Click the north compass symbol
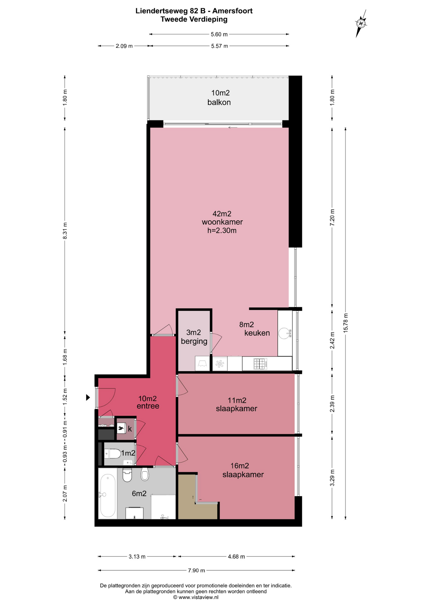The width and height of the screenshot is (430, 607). pyautogui.click(x=361, y=23)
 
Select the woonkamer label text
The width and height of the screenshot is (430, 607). pyautogui.click(x=222, y=222)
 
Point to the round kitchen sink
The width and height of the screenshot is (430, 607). pyautogui.click(x=284, y=333)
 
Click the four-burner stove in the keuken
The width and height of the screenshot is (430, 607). pyautogui.click(x=260, y=364)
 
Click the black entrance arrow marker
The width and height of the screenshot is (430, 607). pyautogui.click(x=88, y=397)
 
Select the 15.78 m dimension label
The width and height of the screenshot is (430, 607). pyautogui.click(x=345, y=322)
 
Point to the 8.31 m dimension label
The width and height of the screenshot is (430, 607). pyautogui.click(x=65, y=231)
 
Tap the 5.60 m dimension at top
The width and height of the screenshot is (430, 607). pyautogui.click(x=219, y=34)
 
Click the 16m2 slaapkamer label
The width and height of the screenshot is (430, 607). pyautogui.click(x=243, y=470)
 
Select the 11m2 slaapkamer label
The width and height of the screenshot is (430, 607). pyautogui.click(x=237, y=404)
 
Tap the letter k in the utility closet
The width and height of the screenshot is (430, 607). pyautogui.click(x=130, y=429)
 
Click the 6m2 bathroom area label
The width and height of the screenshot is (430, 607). pyautogui.click(x=139, y=493)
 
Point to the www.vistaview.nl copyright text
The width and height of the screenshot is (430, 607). pyautogui.click(x=196, y=597)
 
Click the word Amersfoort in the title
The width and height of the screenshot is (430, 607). pyautogui.click(x=232, y=11)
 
